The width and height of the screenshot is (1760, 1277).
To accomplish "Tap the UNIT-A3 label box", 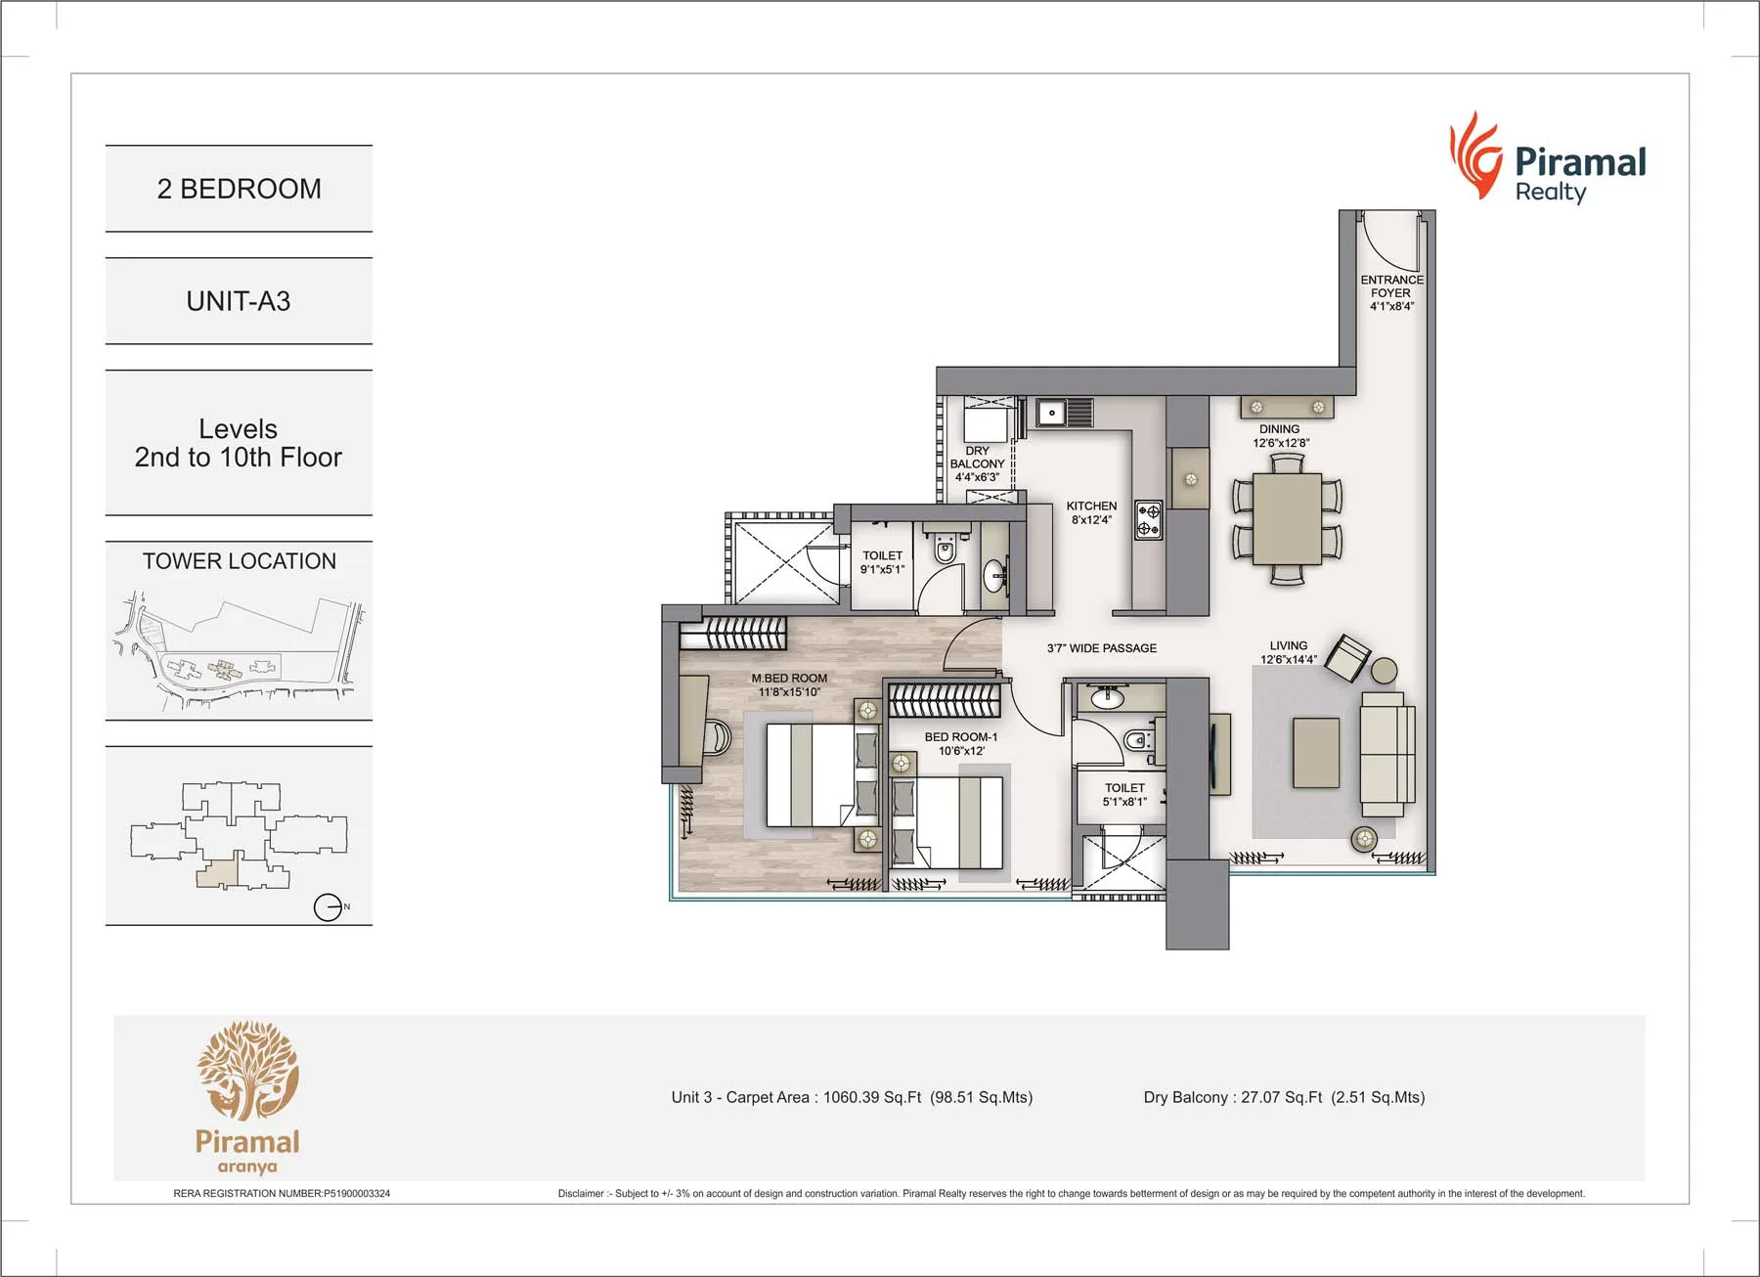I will point(239,301).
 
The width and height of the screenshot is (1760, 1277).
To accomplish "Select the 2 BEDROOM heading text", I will point(239,189).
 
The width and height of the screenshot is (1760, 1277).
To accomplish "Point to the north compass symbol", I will point(329,907).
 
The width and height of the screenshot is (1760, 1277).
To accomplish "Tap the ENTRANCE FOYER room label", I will point(1391,292).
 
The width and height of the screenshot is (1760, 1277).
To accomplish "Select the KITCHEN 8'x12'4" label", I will point(1091,512).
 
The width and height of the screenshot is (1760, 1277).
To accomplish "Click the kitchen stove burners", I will point(1148,520).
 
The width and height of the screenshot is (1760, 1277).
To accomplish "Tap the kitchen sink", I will point(1052,413).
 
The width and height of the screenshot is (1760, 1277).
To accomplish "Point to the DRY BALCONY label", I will point(977,463).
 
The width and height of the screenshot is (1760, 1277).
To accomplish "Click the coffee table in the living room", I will point(1315,752).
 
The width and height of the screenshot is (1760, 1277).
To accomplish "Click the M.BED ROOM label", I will point(789,684).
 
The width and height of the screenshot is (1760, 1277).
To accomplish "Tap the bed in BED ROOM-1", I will point(946,821).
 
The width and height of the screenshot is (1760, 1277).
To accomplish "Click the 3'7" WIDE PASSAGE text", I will point(1101,648).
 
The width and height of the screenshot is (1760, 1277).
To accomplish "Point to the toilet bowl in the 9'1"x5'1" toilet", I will point(945,550).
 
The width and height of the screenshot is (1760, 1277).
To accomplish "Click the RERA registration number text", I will point(282,1193).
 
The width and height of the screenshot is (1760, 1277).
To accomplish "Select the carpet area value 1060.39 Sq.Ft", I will point(871,1097).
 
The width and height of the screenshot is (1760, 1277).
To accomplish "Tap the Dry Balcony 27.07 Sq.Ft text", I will point(1284,1097).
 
